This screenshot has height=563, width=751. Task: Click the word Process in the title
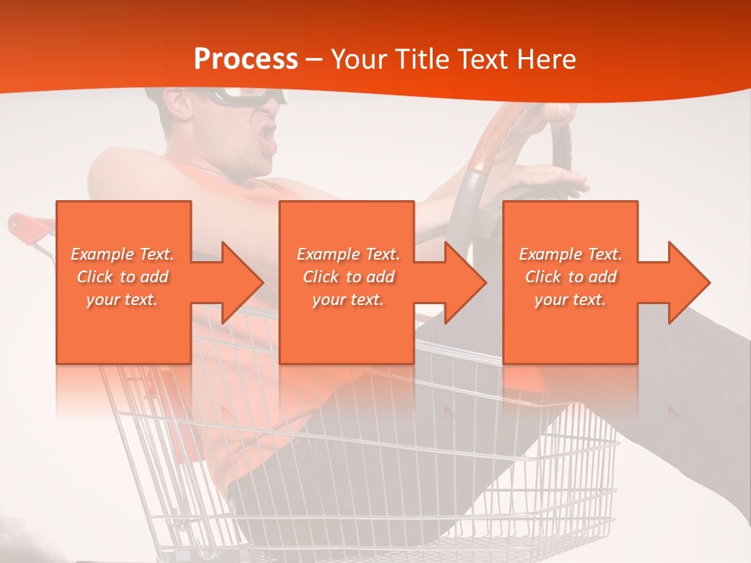(246, 59)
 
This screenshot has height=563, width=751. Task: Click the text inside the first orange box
(123, 277)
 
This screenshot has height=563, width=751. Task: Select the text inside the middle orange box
(347, 277)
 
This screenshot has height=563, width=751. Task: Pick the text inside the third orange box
(570, 277)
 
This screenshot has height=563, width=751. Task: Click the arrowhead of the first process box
(243, 282)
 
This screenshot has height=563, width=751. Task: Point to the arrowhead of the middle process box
(465, 282)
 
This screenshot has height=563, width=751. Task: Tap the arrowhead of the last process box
(688, 282)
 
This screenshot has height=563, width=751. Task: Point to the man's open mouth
(269, 133)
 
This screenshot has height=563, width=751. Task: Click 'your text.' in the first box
(123, 299)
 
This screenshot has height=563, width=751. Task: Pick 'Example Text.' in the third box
(570, 254)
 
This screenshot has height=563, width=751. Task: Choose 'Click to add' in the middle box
(347, 277)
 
